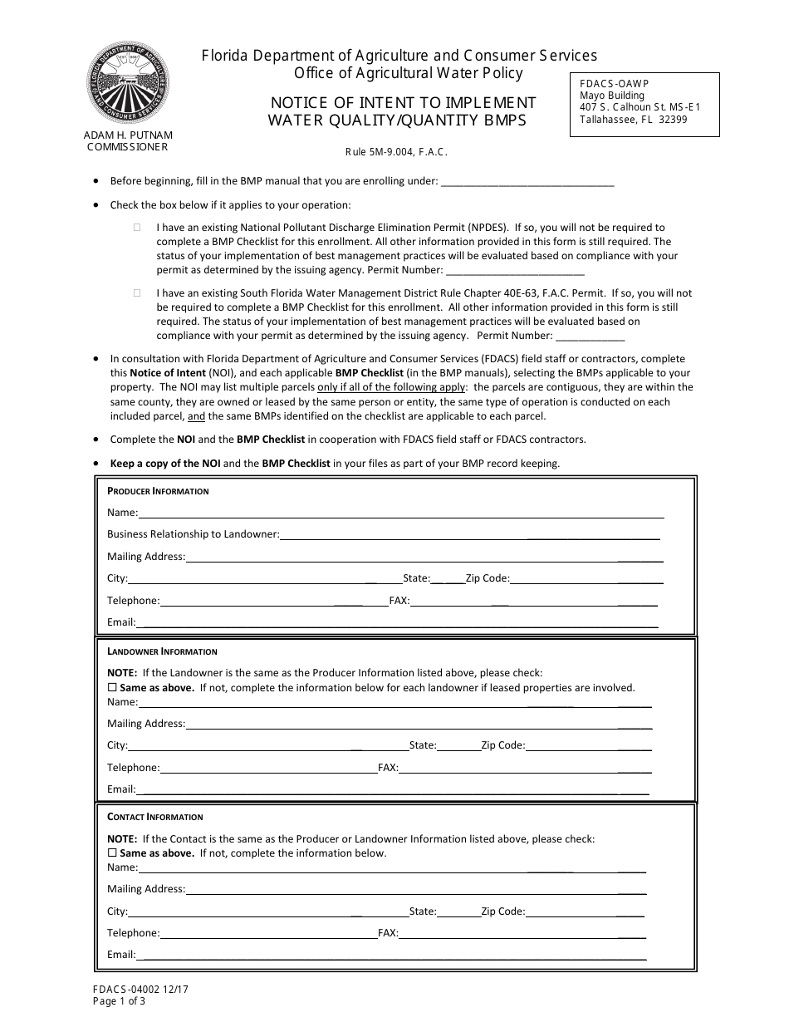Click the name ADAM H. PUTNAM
[128, 135]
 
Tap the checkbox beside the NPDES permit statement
[138, 227]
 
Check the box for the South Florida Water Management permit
[138, 293]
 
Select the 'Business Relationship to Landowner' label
[193, 534]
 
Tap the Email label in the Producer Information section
[121, 622]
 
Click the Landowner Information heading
[162, 651]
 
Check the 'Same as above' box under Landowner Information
[113, 688]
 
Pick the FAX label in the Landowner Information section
[388, 768]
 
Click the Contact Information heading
[154, 817]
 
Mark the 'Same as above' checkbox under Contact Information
[113, 853]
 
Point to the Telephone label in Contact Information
[133, 933]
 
